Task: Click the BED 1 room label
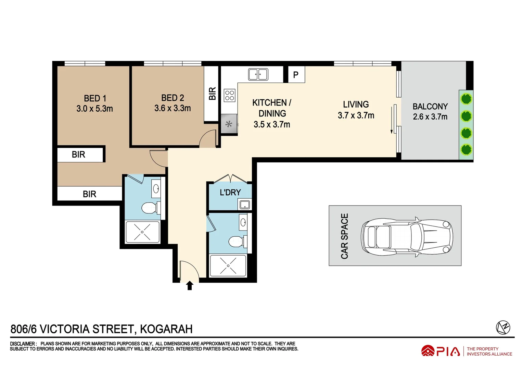[95, 98]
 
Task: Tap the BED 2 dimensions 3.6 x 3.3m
[173, 108]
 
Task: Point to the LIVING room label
[356, 104]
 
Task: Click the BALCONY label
[430, 107]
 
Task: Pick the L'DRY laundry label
[230, 193]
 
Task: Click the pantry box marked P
[296, 75]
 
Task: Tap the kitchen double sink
[258, 74]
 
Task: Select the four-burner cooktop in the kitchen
[230, 96]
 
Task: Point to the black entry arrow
[190, 285]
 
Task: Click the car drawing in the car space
[407, 237]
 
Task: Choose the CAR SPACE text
[344, 236]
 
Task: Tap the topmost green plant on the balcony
[466, 99]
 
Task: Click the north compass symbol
[503, 328]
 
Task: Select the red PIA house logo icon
[428, 351]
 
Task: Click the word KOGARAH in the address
[166, 329]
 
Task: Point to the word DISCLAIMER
[23, 344]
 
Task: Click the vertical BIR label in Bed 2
[212, 94]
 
